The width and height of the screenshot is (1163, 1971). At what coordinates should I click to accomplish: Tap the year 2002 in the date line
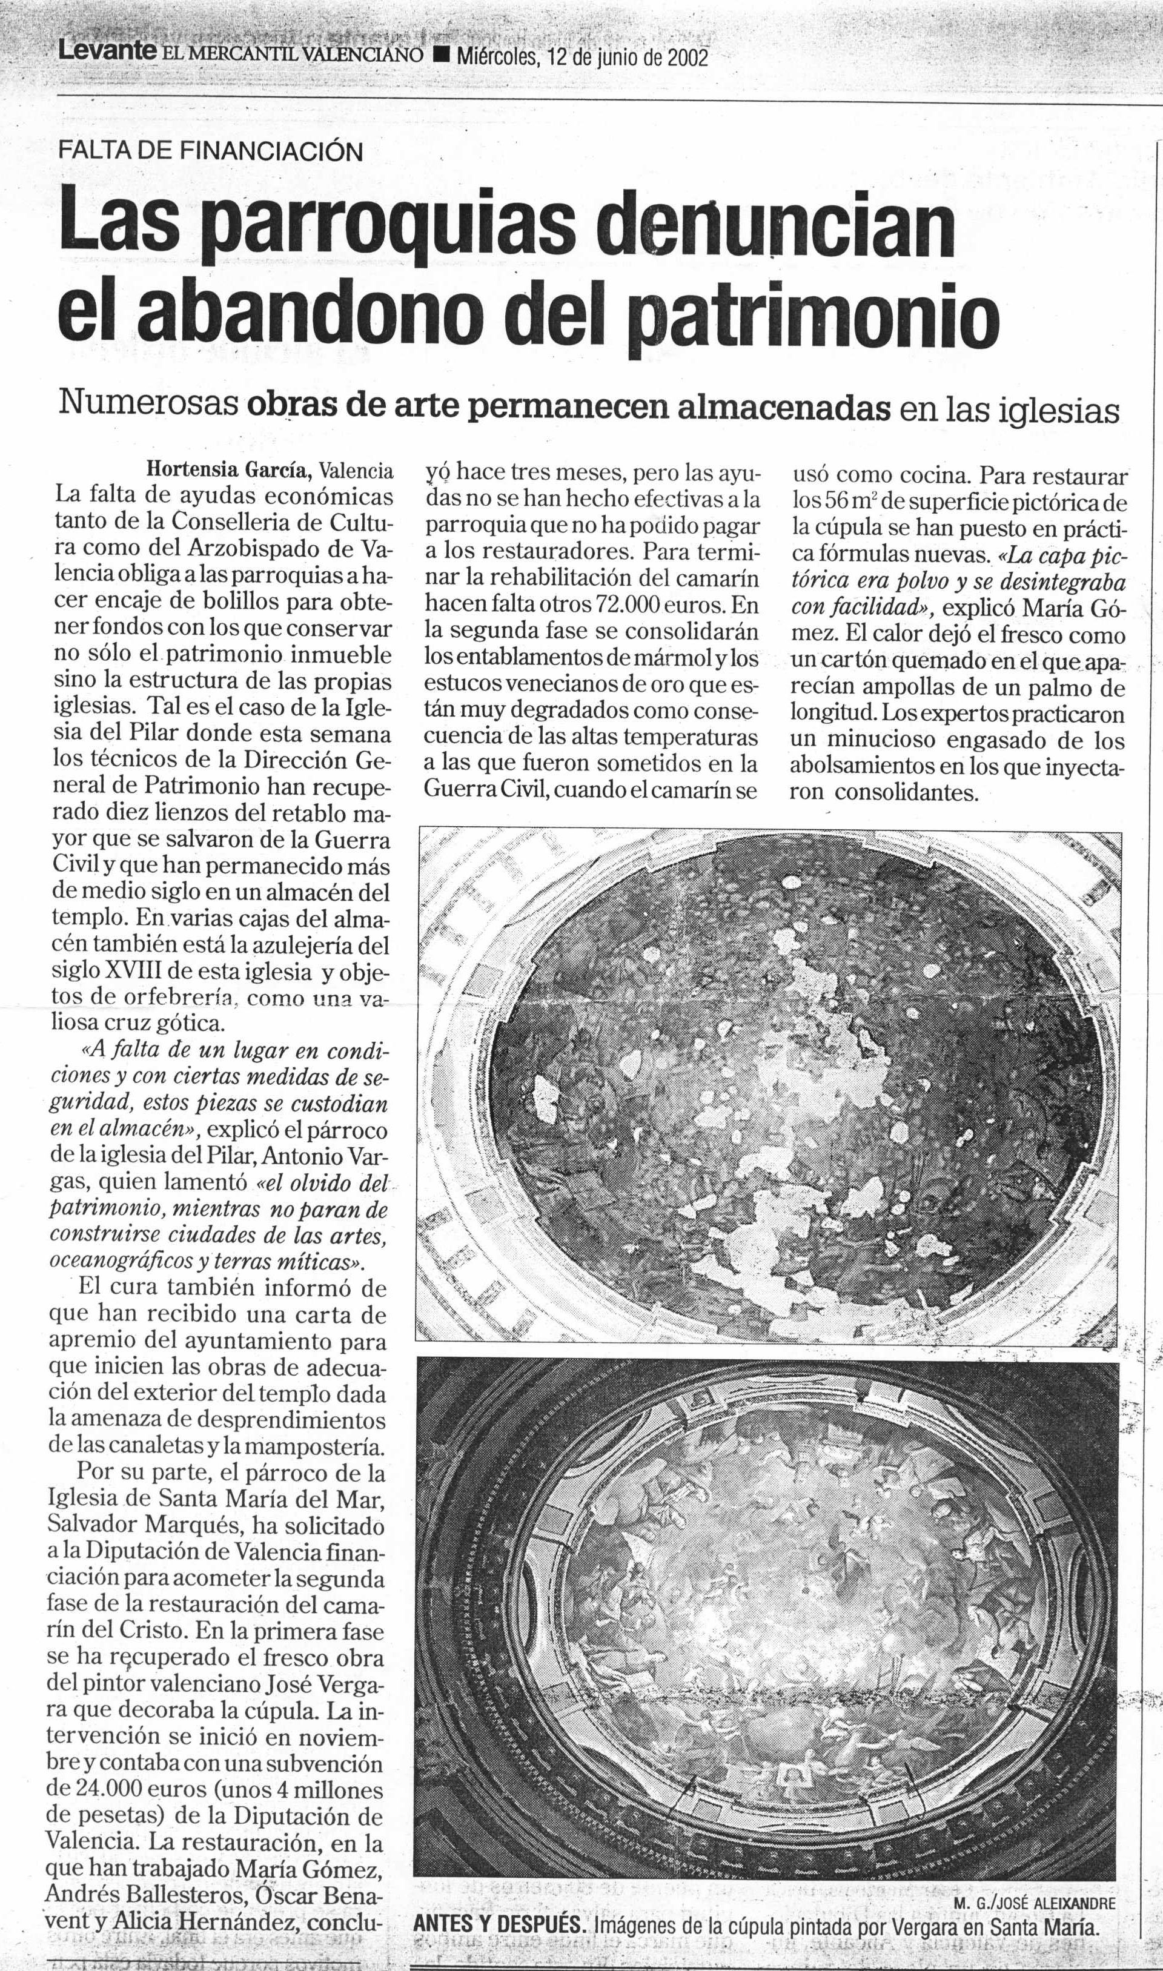coord(688,58)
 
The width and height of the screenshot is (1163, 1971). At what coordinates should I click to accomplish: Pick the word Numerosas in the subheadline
coord(150,406)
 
